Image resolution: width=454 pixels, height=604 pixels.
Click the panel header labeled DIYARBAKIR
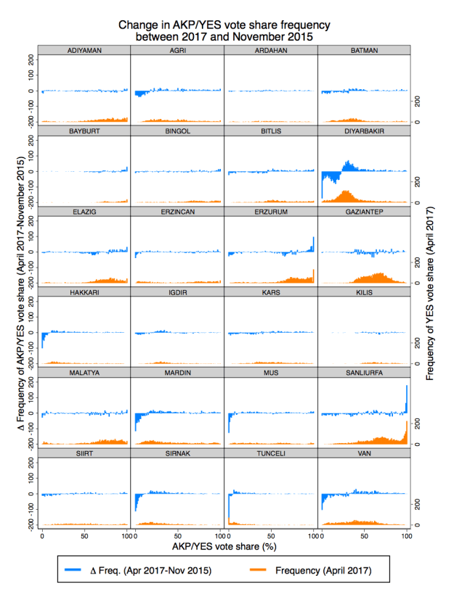363,131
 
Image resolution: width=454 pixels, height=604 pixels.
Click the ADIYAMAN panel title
84,49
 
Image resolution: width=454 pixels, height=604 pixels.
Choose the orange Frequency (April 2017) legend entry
320,570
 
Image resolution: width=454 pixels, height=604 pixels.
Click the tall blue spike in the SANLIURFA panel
407,400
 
